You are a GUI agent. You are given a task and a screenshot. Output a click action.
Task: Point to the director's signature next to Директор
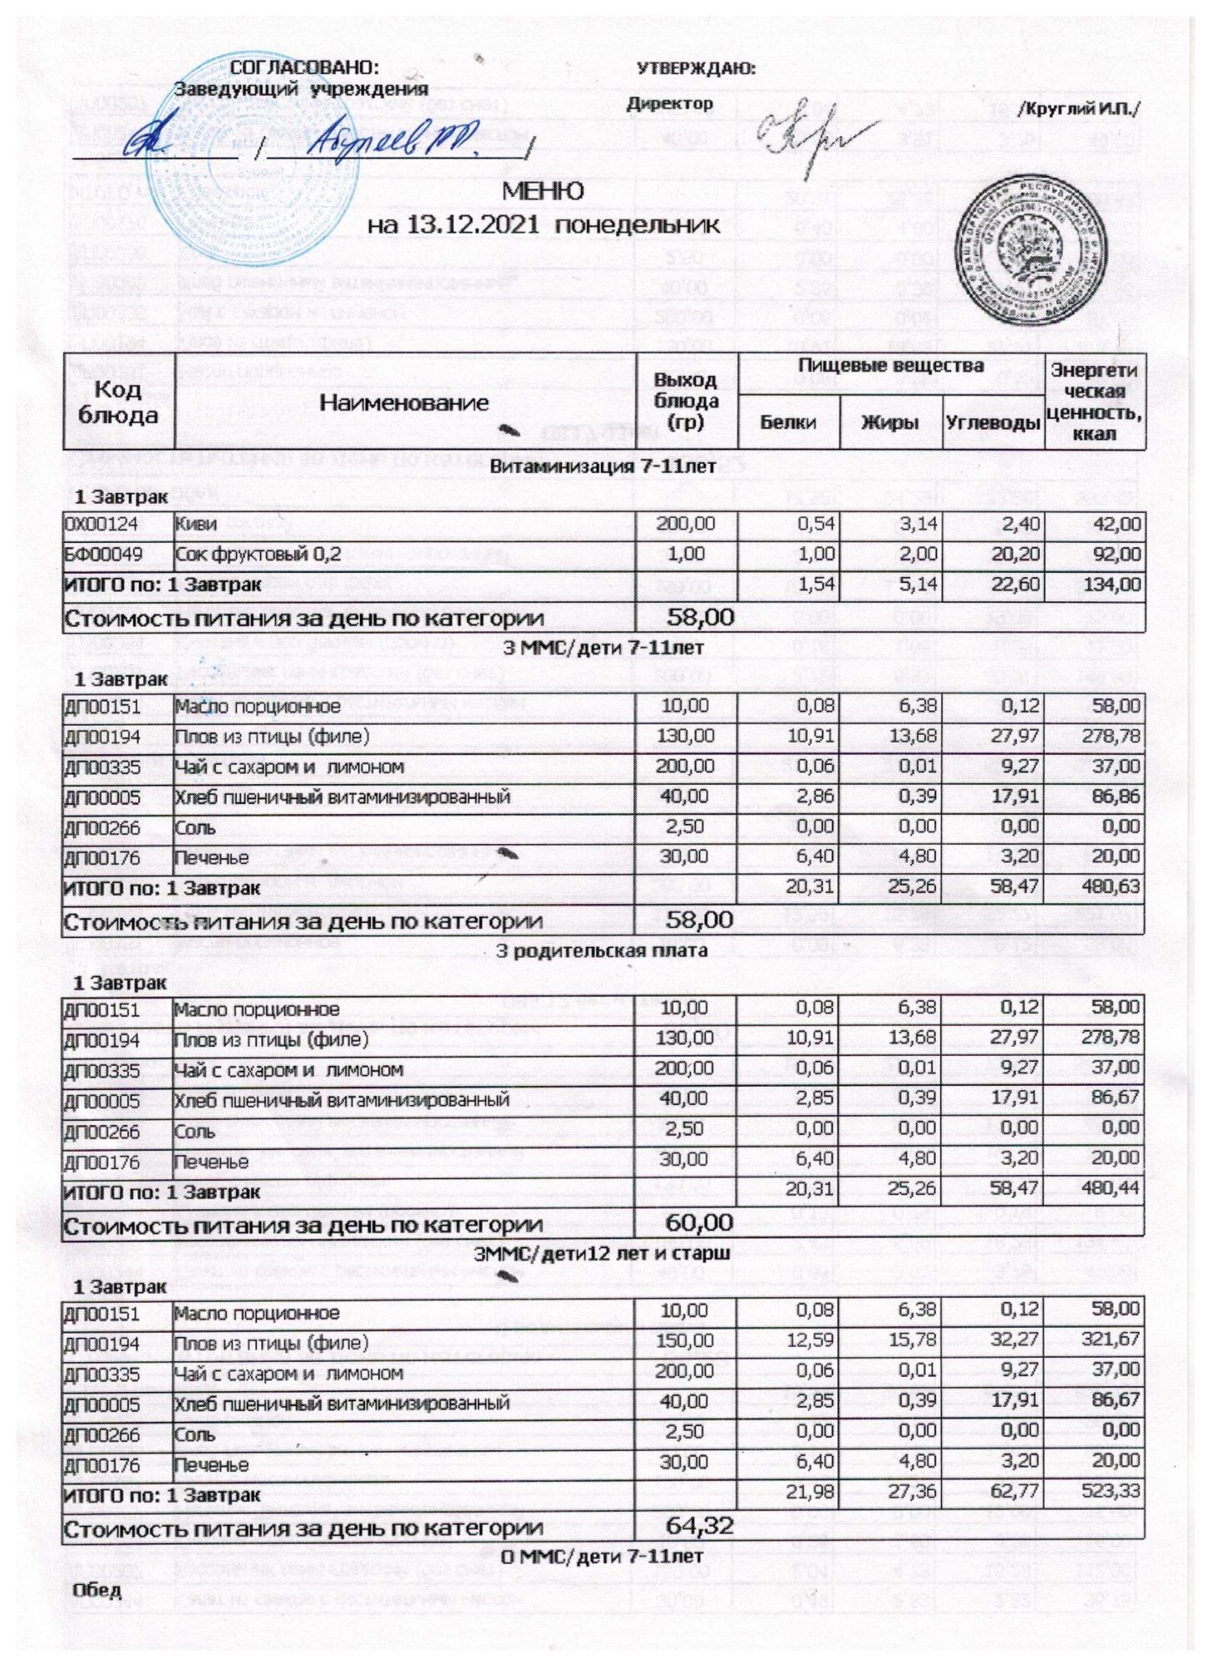point(813,138)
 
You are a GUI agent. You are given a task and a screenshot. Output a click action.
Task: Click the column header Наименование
point(404,403)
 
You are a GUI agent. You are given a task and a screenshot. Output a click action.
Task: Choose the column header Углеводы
point(993,423)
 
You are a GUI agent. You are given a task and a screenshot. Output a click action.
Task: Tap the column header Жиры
point(889,423)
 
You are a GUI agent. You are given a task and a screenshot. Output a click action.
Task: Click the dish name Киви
point(197,524)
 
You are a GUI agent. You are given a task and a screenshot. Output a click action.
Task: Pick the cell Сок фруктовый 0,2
point(258,554)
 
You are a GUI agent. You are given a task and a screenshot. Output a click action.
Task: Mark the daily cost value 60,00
point(699,1223)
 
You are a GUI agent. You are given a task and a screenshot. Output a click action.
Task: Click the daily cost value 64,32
point(699,1526)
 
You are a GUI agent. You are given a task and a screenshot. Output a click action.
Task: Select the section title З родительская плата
point(602,950)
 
